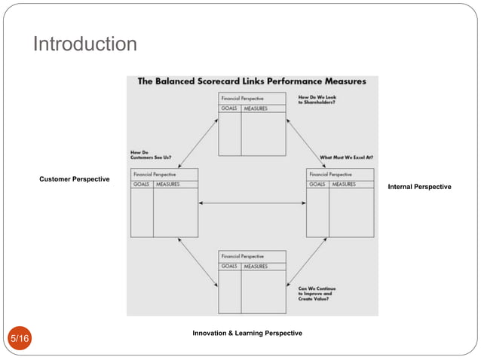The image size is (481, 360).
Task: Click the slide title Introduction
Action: pos(84,45)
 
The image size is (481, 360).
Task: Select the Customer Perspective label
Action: pos(75,178)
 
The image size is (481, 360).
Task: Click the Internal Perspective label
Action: pos(419,186)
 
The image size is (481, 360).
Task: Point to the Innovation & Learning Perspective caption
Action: pos(247,332)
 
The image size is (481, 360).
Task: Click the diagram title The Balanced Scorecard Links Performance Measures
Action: pos(251,81)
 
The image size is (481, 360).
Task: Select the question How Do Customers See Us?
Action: pos(149,155)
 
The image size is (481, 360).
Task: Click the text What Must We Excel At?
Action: pos(346,157)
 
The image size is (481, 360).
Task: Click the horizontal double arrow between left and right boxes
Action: pos(252,203)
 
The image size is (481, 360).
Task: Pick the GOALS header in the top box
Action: pos(229,108)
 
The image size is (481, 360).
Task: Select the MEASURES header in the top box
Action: pos(256,108)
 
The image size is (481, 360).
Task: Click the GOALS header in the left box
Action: pos(141,184)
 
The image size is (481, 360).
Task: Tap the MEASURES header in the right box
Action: pos(344,184)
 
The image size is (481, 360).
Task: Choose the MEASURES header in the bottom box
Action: pos(256,266)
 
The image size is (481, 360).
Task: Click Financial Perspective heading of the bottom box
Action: pos(243,256)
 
